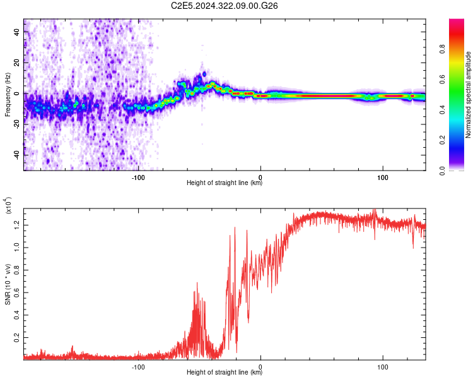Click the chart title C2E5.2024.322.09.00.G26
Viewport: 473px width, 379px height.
pos(224,6)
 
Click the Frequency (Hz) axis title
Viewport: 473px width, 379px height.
pos(8,95)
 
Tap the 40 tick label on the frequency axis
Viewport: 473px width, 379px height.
pos(17,32)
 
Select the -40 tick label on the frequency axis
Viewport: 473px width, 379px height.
pos(17,155)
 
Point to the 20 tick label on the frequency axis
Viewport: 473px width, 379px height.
pos(17,63)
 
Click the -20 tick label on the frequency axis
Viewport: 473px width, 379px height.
pos(17,124)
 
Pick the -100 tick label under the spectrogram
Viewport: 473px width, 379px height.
pos(138,177)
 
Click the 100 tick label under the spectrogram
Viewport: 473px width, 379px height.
pos(383,177)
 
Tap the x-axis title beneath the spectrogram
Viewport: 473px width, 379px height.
pos(225,183)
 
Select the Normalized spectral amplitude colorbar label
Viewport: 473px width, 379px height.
pos(468,95)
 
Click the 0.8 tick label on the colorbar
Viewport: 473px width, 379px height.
pos(442,49)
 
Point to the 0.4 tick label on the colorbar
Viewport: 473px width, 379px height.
pos(442,110)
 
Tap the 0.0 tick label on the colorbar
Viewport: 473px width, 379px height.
pos(442,171)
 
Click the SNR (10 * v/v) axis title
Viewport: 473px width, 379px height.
pos(8,284)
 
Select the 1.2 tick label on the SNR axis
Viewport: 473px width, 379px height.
pos(17,225)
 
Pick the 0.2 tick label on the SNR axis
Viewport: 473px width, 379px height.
pos(17,337)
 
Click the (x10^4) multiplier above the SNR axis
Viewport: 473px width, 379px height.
pos(8,205)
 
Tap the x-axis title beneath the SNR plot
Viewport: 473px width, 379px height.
pos(225,372)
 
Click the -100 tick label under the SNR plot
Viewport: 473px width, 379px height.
pos(138,367)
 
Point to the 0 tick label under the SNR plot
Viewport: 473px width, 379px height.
pos(260,367)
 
